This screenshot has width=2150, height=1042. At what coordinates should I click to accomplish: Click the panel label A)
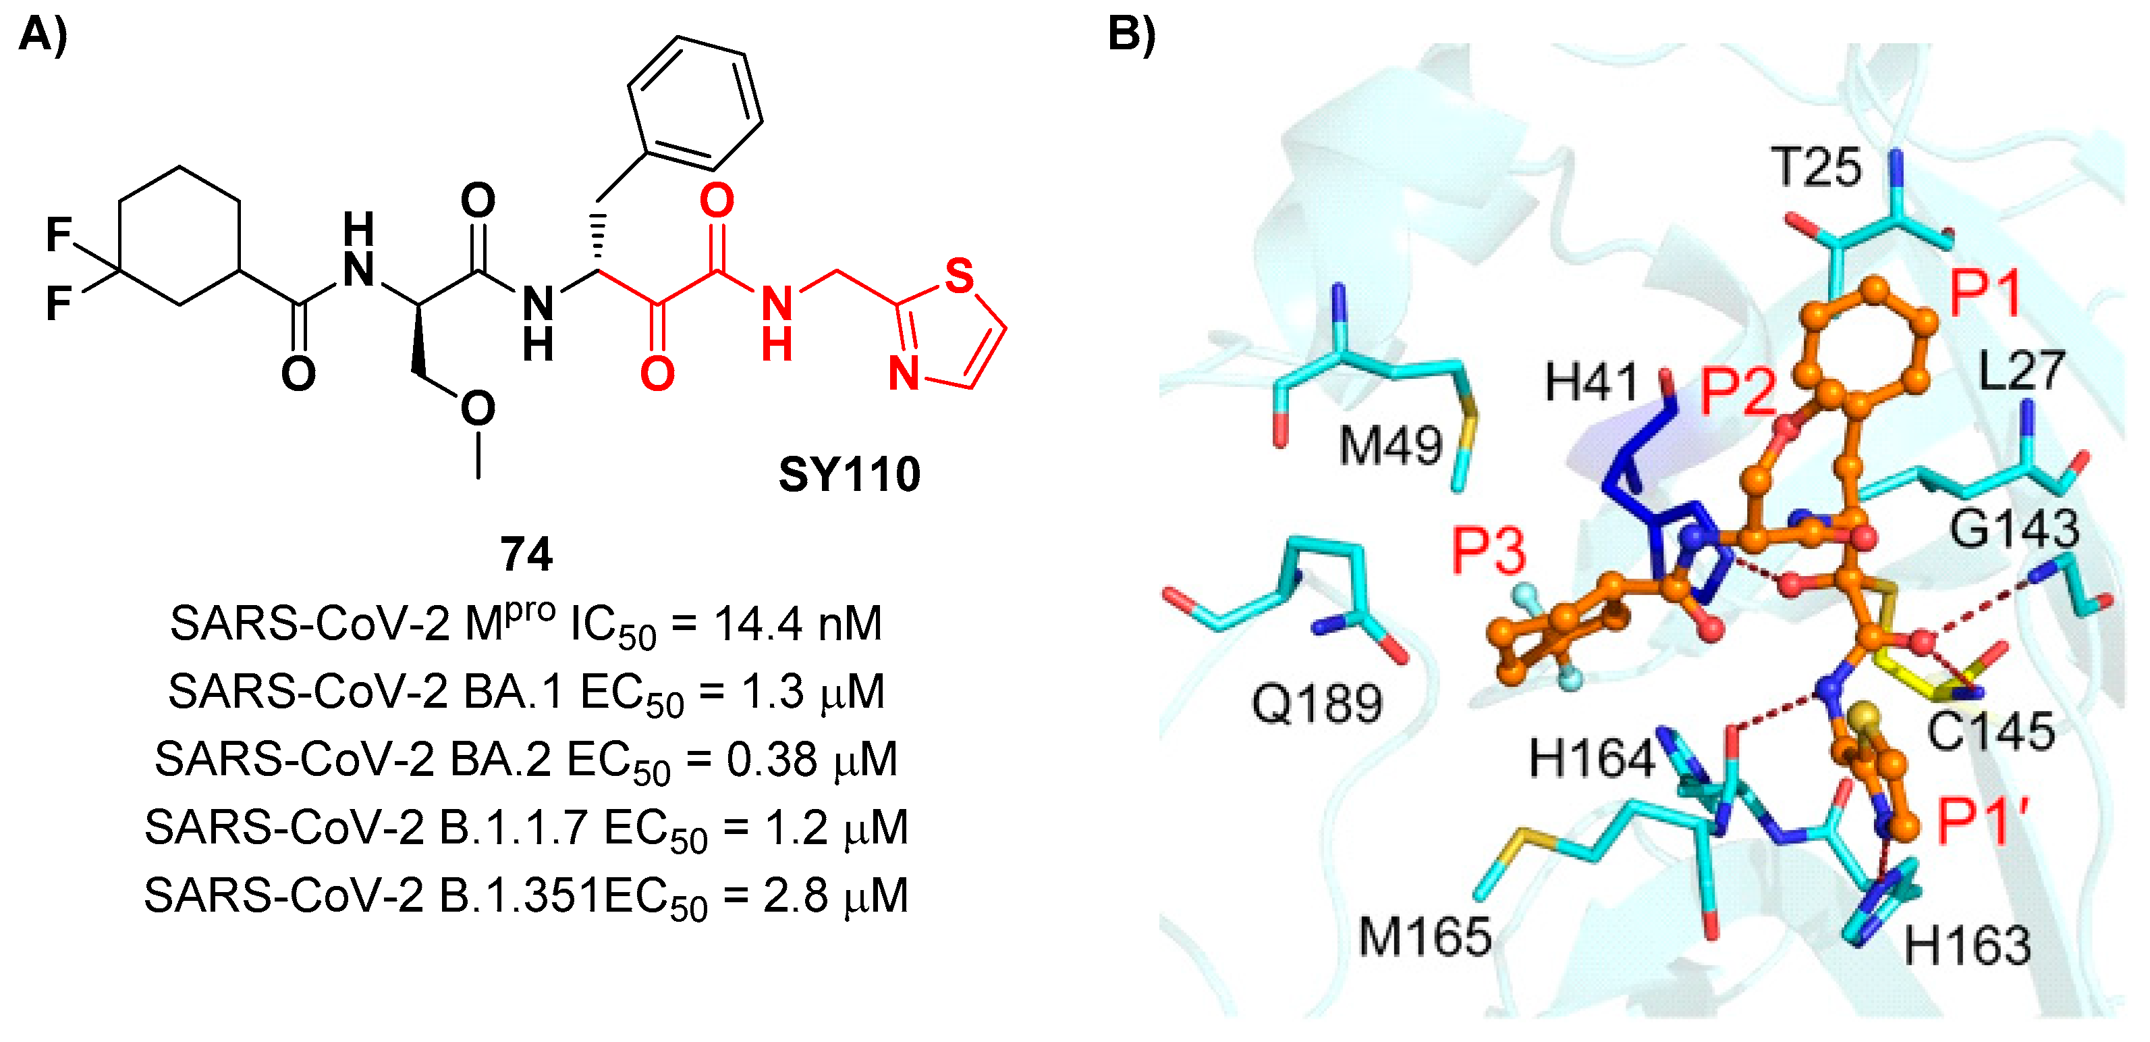(43, 36)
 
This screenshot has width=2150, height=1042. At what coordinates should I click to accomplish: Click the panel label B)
(1131, 36)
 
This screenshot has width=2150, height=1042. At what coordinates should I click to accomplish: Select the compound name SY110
(849, 474)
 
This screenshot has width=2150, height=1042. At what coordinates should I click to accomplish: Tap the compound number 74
(526, 554)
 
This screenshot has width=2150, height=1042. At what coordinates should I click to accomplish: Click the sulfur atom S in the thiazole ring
(959, 276)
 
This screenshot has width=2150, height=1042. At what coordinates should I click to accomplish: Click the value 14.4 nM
(798, 624)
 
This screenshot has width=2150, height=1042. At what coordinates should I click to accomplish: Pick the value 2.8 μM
(835, 896)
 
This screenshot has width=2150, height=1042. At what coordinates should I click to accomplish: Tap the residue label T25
(1816, 167)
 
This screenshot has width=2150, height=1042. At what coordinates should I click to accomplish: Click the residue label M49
(1391, 445)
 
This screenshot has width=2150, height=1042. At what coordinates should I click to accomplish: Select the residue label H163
(1967, 946)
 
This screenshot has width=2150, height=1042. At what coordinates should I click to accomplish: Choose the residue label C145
(1991, 731)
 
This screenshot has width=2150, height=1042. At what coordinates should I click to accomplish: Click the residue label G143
(2013, 529)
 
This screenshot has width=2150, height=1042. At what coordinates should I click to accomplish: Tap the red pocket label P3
(1489, 552)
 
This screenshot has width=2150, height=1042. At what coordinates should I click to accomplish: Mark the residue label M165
(1425, 937)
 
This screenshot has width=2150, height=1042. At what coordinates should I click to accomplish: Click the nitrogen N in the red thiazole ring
(904, 373)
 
